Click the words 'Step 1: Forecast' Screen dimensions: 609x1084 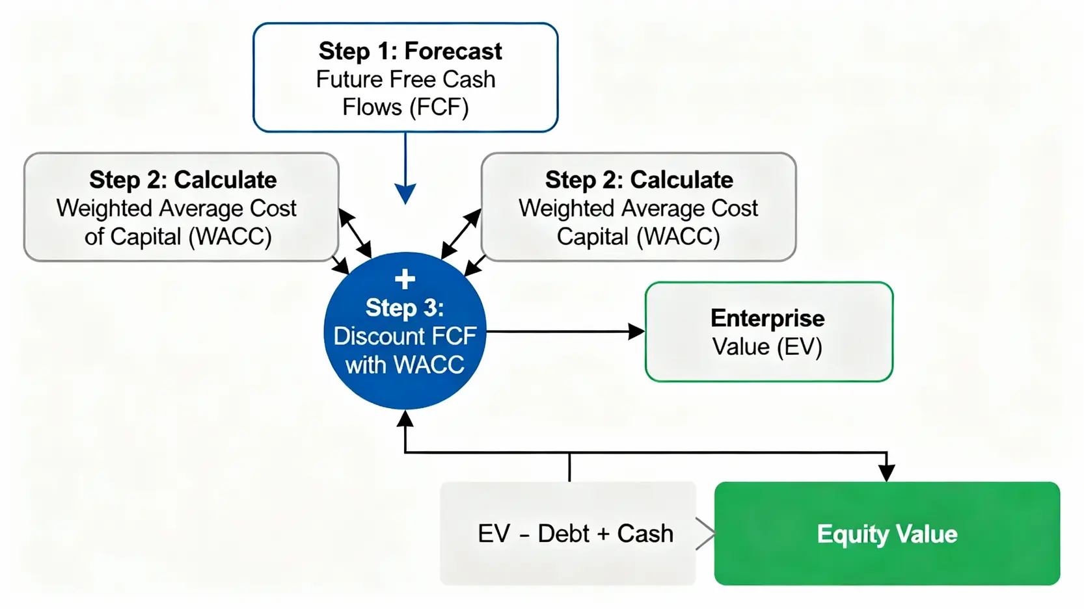[x=410, y=51]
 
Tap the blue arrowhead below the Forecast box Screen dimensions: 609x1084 [x=405, y=193]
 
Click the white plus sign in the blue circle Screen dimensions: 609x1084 [x=405, y=279]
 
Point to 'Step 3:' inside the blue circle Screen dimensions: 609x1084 [x=405, y=307]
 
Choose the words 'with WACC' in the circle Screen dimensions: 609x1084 [x=405, y=365]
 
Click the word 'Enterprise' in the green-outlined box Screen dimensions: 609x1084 [x=767, y=318]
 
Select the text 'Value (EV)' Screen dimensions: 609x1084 [x=767, y=346]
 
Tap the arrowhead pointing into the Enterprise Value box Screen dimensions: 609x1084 [x=636, y=331]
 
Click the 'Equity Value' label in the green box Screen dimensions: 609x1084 [x=887, y=534]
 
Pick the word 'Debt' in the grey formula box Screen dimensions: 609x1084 [x=563, y=534]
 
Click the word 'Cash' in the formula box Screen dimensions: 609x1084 [x=645, y=534]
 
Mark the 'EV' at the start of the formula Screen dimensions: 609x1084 [x=494, y=534]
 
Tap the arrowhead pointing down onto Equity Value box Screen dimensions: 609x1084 [x=886, y=473]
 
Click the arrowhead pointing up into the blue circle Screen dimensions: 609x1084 [x=405, y=419]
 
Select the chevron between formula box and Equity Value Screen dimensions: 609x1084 [x=705, y=534]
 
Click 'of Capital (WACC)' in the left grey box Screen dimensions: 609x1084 [x=178, y=237]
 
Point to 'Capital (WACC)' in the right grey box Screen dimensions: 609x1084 [x=638, y=237]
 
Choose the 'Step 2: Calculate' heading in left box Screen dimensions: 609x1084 [x=183, y=179]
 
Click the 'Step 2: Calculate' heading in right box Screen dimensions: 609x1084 [x=639, y=179]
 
